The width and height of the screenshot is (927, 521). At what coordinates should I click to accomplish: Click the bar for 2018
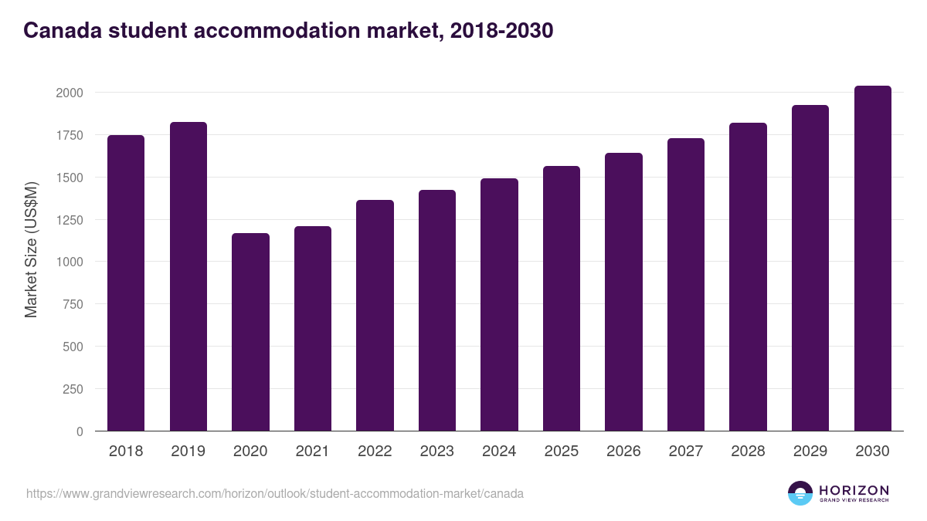click(126, 283)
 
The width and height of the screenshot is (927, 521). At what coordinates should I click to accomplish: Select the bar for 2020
click(250, 332)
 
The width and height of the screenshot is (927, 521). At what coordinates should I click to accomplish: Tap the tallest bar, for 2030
click(872, 259)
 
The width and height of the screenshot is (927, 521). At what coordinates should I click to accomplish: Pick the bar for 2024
click(499, 305)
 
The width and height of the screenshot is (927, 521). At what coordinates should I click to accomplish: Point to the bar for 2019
click(188, 276)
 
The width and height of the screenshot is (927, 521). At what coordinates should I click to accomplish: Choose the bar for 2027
click(686, 285)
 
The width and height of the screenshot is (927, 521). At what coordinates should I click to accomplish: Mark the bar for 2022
click(375, 316)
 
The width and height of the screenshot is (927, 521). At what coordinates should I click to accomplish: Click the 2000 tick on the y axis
click(69, 93)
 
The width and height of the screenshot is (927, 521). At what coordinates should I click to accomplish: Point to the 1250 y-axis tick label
click(69, 220)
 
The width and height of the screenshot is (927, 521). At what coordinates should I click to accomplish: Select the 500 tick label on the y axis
click(73, 347)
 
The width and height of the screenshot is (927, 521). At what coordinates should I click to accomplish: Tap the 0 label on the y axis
click(80, 431)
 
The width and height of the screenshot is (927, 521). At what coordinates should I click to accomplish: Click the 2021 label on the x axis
click(312, 452)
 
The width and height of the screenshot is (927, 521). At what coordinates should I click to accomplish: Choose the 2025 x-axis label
click(561, 452)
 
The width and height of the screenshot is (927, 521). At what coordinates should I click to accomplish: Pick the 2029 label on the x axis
click(810, 452)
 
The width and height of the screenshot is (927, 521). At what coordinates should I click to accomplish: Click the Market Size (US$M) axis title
click(31, 249)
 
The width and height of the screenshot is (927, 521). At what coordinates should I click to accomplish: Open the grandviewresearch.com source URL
click(275, 493)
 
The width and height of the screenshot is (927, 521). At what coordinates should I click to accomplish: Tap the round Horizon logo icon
click(800, 493)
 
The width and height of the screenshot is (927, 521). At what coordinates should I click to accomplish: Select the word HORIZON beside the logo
click(854, 490)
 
